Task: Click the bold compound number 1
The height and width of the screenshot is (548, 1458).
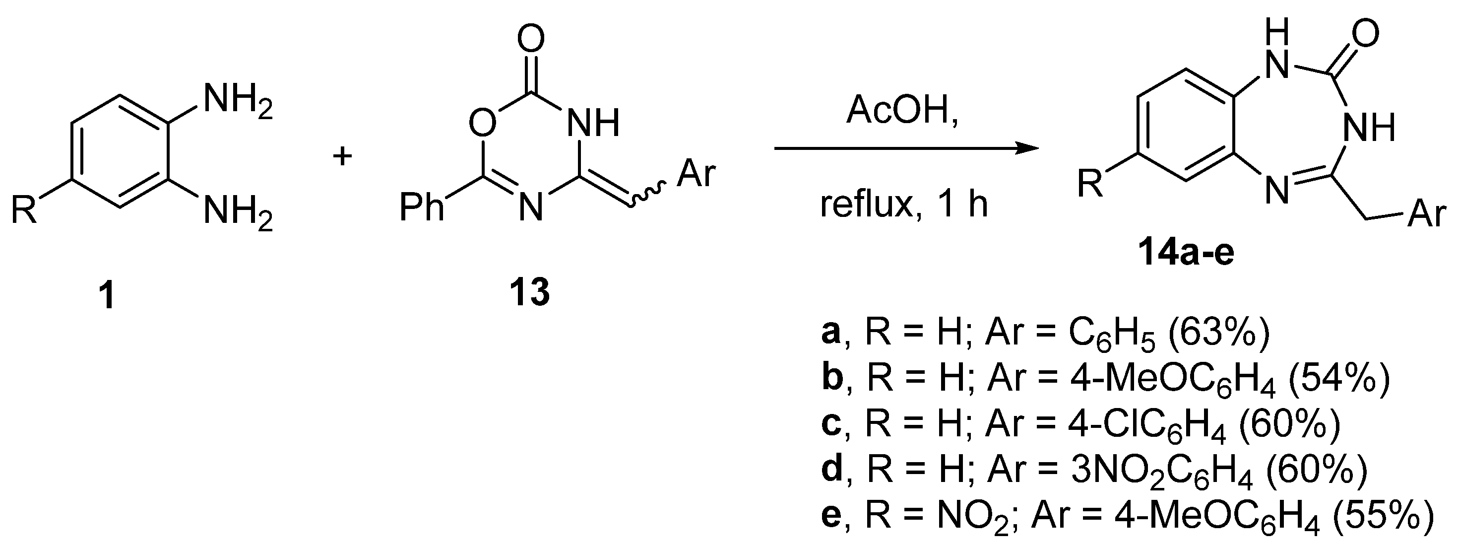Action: pos(106,295)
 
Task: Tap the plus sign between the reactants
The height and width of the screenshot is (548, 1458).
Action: pos(342,156)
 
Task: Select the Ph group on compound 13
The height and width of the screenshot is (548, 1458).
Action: pos(421,206)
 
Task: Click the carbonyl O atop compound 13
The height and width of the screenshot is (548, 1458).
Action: pos(530,40)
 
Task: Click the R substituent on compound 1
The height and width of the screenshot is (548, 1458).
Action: pos(24,209)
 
